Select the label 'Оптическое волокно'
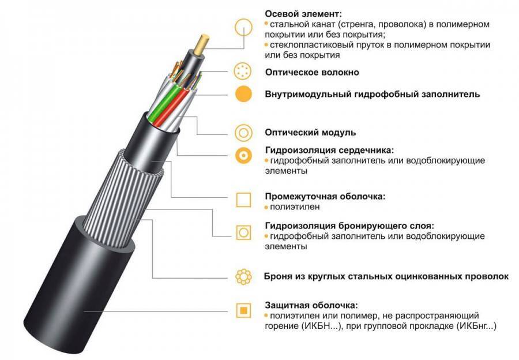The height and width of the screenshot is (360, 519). click(312, 73)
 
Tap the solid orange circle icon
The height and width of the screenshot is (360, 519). click(243, 93)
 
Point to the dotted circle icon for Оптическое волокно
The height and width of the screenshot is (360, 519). click(243, 72)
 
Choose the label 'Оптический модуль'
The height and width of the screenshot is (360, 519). click(310, 132)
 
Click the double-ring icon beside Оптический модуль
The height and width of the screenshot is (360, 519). click(243, 132)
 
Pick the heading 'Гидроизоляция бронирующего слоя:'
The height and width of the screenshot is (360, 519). click(349, 226)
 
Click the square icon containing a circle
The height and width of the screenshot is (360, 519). click(243, 232)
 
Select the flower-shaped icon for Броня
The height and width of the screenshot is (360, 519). click(243, 276)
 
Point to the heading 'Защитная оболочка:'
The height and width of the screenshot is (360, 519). click(311, 305)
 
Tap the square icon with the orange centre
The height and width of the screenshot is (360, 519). click(243, 310)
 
